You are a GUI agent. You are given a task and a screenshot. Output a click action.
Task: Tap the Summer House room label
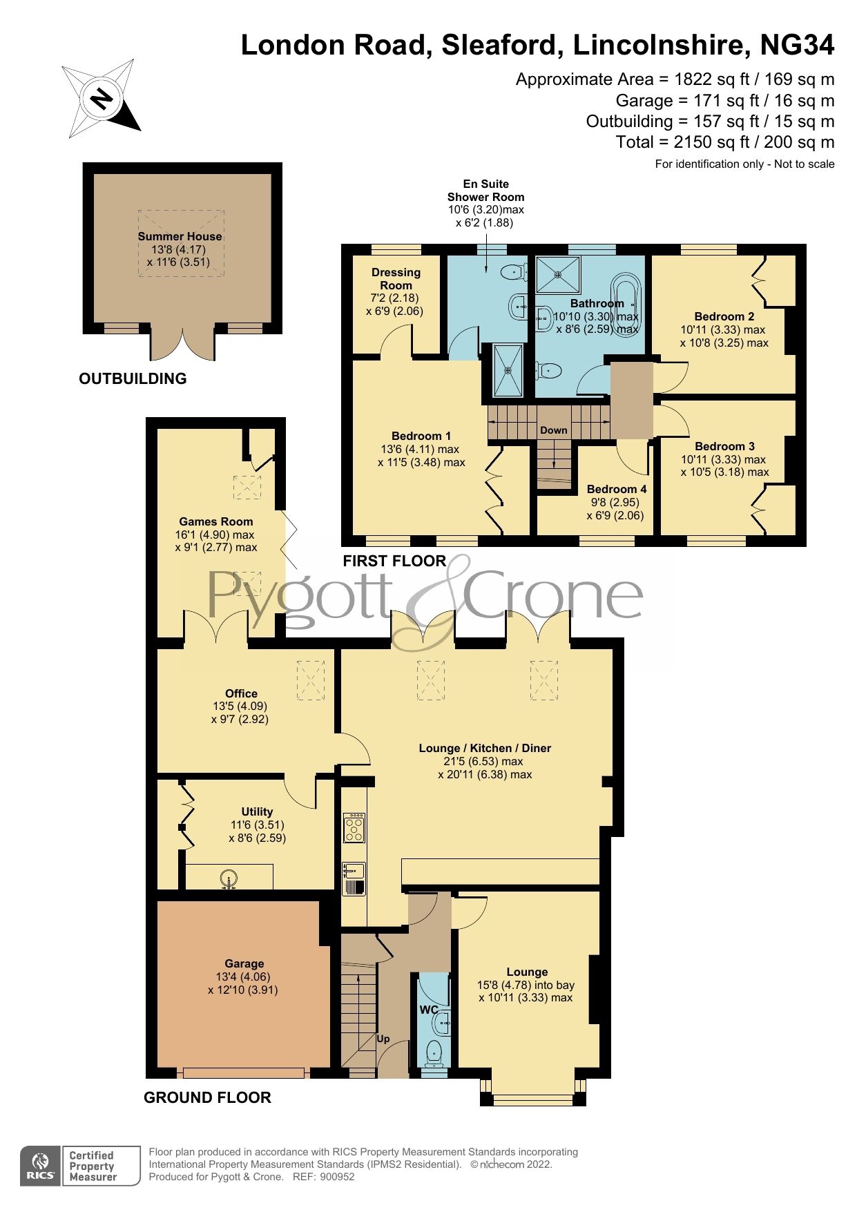click(x=180, y=236)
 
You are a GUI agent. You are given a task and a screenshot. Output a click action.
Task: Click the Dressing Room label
click(x=396, y=278)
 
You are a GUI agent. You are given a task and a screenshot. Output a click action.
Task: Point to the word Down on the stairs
click(x=554, y=430)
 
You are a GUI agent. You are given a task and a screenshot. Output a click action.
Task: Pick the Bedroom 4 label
click(x=613, y=489)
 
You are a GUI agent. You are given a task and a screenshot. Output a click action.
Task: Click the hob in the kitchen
click(x=354, y=827)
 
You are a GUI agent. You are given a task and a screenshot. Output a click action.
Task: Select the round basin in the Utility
click(x=229, y=879)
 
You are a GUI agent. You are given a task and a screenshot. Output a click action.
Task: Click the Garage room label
click(x=244, y=963)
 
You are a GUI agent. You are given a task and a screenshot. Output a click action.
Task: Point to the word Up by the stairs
click(x=383, y=1038)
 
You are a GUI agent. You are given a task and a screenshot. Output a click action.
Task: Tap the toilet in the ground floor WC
click(x=434, y=1052)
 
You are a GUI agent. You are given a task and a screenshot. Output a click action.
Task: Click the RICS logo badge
click(x=40, y=1166)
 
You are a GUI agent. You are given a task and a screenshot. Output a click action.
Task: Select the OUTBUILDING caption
click(x=133, y=378)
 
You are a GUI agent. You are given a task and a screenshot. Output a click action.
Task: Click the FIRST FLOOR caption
click(x=394, y=561)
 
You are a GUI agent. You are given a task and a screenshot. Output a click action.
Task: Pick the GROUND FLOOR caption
click(x=207, y=1097)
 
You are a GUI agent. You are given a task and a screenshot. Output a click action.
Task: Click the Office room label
click(x=241, y=693)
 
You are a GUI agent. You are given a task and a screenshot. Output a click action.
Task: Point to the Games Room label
click(x=216, y=521)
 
